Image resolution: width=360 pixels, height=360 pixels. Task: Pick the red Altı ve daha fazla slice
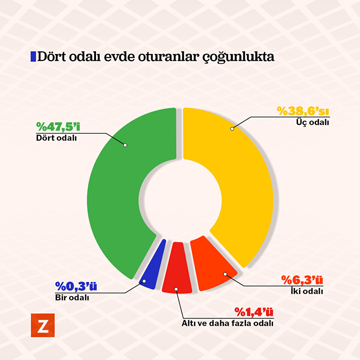pyautogui.click(x=177, y=270)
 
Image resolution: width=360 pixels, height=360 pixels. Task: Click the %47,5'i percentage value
pyautogui.click(x=58, y=127)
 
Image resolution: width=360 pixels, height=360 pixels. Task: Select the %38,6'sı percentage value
pyautogui.click(x=303, y=111)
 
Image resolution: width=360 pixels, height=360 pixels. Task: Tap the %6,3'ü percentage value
pyautogui.click(x=302, y=280)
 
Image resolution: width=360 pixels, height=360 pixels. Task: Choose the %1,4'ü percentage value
pyautogui.click(x=254, y=312)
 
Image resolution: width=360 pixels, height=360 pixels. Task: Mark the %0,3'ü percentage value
pyautogui.click(x=76, y=287)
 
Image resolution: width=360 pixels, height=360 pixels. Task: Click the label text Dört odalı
pyautogui.click(x=56, y=138)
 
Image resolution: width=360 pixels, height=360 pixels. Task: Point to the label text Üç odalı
pyautogui.click(x=313, y=122)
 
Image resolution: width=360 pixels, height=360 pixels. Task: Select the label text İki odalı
pyautogui.click(x=307, y=291)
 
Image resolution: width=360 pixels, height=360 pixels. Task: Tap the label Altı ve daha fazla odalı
pyautogui.click(x=227, y=323)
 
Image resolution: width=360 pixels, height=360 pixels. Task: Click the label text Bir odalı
pyautogui.click(x=72, y=298)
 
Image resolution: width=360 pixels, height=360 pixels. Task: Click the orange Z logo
pyautogui.click(x=43, y=325)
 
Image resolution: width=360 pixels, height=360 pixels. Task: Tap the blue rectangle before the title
pyautogui.click(x=33, y=57)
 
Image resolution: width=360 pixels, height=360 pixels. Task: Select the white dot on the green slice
pyautogui.click(x=125, y=145)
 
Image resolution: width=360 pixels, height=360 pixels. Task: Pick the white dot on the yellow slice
pyautogui.click(x=232, y=129)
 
